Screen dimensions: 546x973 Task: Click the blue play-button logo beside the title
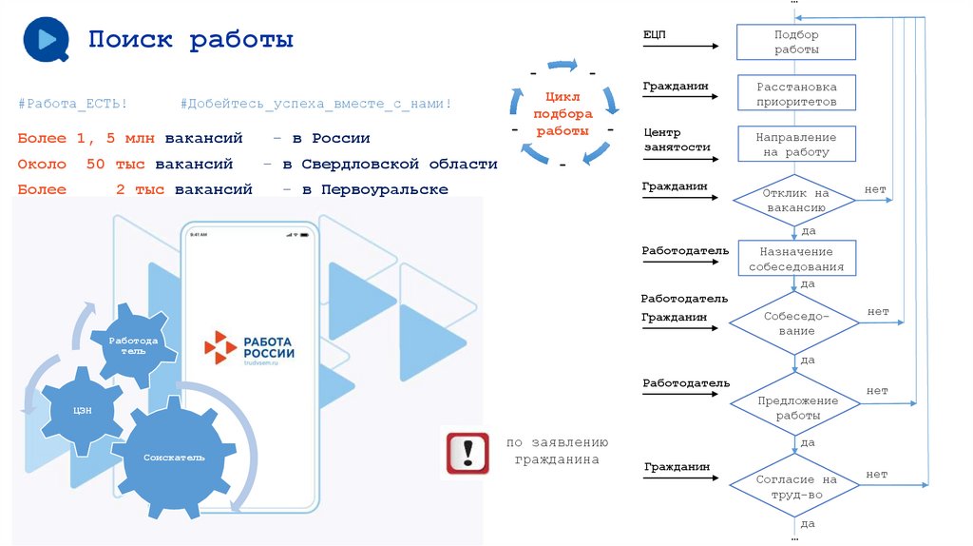(44, 39)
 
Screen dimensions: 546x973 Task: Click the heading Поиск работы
(191, 40)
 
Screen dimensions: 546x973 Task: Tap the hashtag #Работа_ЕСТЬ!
(72, 103)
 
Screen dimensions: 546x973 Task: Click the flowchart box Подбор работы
(796, 42)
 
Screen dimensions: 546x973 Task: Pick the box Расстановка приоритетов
(796, 93)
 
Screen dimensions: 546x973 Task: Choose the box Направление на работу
(796, 145)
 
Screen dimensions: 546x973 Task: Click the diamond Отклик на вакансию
(795, 200)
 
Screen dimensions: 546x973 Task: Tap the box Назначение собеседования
(795, 259)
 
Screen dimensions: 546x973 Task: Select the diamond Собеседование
(795, 323)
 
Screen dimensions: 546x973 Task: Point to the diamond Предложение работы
(796, 408)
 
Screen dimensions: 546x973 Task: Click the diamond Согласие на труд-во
(795, 487)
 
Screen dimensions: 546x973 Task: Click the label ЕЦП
(655, 34)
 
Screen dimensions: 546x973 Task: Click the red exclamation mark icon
(467, 454)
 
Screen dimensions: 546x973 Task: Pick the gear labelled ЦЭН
(83, 411)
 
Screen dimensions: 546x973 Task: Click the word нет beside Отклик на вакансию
(875, 189)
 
